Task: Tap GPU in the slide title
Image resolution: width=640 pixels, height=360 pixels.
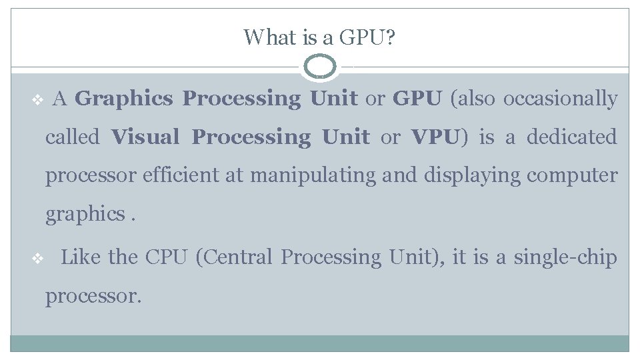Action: tap(366, 37)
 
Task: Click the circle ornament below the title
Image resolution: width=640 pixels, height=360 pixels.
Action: tap(320, 67)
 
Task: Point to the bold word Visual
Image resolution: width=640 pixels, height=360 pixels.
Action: tap(145, 138)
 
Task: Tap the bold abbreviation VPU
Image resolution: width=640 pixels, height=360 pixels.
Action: tap(435, 138)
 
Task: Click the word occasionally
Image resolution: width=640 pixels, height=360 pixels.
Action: tap(560, 99)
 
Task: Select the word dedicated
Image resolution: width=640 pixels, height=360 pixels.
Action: tap(571, 138)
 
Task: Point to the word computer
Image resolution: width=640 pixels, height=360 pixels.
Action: tap(572, 176)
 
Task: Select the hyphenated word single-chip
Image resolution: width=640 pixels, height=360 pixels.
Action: tap(565, 257)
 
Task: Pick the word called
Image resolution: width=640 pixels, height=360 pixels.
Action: tap(72, 138)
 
